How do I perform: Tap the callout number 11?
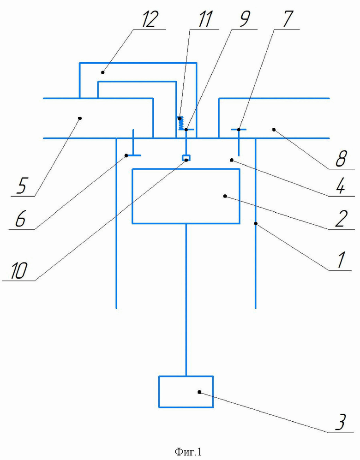click(x=205, y=19)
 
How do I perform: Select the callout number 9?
click(x=245, y=19)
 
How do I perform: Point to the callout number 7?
click(x=287, y=19)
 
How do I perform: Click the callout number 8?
click(x=341, y=159)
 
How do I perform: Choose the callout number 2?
click(x=342, y=219)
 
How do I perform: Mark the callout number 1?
click(x=341, y=260)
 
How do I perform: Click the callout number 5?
click(x=22, y=185)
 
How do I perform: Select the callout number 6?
click(x=20, y=219)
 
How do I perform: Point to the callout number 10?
click(x=19, y=271)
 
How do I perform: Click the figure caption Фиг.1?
click(x=188, y=452)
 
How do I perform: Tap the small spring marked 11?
click(x=181, y=123)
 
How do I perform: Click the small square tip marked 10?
click(x=186, y=158)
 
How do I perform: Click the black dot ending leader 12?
click(x=102, y=72)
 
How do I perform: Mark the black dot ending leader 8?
click(x=274, y=129)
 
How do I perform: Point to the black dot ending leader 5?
click(x=79, y=118)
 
